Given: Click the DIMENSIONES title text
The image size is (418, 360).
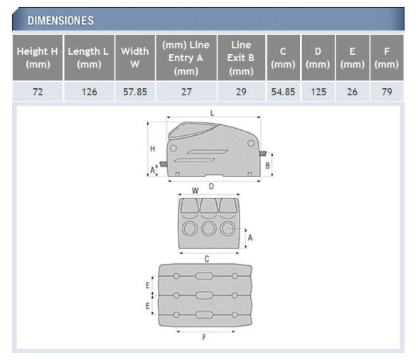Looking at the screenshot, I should point(60,21).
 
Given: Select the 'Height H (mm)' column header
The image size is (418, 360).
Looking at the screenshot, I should point(38,58).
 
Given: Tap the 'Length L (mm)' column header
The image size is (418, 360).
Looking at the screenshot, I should point(88,58).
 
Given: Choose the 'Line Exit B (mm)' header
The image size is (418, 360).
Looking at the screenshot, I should point(241,58).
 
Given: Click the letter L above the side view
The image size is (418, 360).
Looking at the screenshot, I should point(212,113).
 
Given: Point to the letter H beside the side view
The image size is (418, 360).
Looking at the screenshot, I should point(152,148).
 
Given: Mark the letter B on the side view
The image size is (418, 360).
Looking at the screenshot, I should point(267,165).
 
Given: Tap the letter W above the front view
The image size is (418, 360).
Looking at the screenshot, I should point(195,191).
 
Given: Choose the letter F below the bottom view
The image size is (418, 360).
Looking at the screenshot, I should point(204,337).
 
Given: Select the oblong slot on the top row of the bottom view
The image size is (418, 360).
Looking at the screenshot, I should point(203,276).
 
